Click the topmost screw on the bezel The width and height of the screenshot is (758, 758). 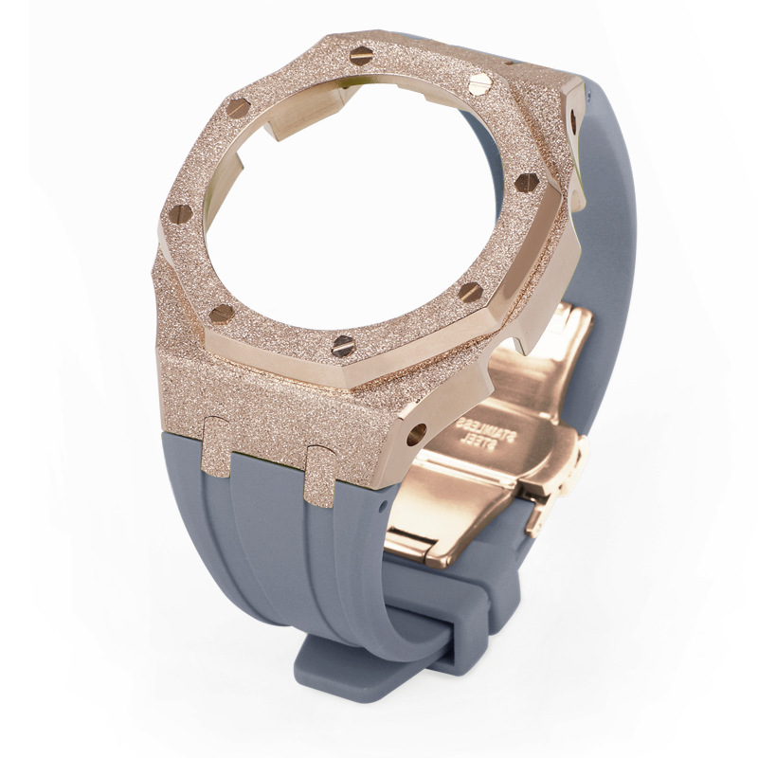coord(361,56)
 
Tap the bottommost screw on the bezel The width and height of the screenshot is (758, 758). coord(344,346)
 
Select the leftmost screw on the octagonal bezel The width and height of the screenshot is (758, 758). coord(181,213)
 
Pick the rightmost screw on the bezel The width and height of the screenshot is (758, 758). coord(527,183)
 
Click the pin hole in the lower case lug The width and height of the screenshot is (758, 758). coord(416,434)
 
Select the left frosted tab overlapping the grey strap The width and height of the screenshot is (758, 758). coord(216,446)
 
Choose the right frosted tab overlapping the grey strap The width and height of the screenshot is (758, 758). coord(319,477)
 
